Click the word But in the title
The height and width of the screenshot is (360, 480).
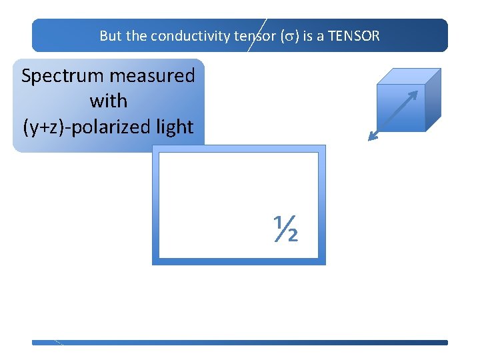(110, 36)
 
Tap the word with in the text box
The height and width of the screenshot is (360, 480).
(108, 101)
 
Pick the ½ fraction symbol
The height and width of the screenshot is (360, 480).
(284, 229)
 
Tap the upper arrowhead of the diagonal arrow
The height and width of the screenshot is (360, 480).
(414, 94)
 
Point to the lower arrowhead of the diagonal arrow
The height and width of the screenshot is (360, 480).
(372, 137)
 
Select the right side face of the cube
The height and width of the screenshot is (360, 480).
(433, 100)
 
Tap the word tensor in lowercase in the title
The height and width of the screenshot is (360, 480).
(251, 36)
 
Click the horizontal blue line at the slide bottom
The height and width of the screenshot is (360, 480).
(240, 343)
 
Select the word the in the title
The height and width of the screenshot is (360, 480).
(135, 36)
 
